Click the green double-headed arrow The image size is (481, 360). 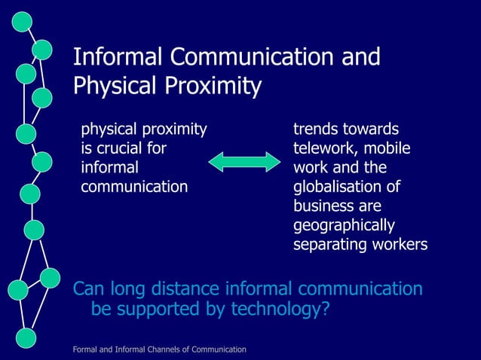244,161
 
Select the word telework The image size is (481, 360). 320,148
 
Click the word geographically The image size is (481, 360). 343,225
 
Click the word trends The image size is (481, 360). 314,130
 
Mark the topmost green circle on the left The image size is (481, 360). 22,22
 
